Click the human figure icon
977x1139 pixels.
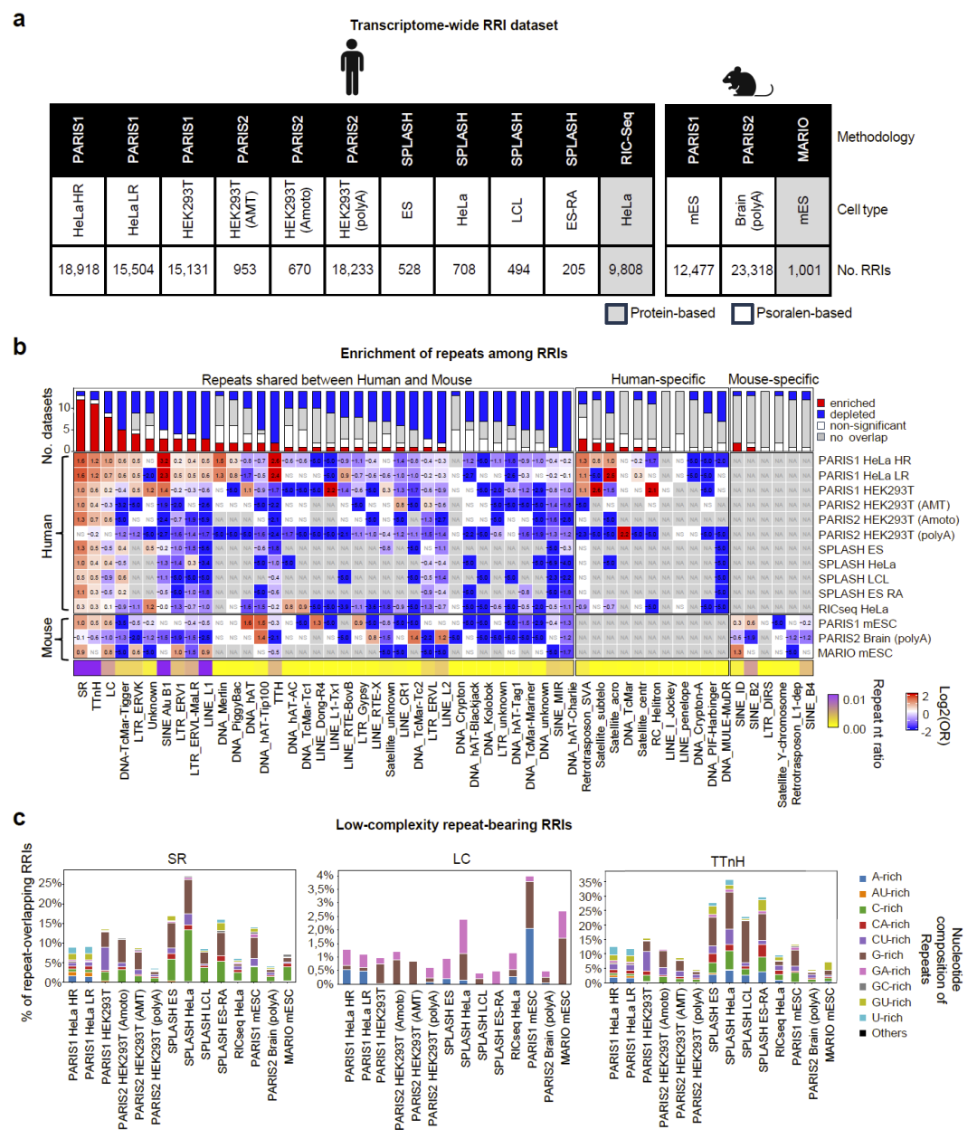click(353, 70)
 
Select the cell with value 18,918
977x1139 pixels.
click(79, 270)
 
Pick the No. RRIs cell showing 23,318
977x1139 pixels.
click(748, 270)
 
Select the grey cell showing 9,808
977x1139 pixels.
click(626, 270)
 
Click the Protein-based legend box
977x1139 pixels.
click(616, 313)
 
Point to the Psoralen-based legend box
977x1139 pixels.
click(743, 313)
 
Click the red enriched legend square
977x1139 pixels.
click(821, 403)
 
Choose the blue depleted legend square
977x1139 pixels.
click(821, 414)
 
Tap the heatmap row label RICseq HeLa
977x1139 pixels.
click(853, 609)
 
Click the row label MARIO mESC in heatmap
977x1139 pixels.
click(855, 653)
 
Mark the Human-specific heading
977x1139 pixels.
click(658, 380)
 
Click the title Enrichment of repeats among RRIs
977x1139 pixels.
click(453, 354)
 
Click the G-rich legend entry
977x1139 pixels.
click(887, 955)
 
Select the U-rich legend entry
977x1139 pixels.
click(887, 1018)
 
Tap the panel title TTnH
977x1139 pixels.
click(727, 861)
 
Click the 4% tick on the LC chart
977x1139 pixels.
click(325, 876)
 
